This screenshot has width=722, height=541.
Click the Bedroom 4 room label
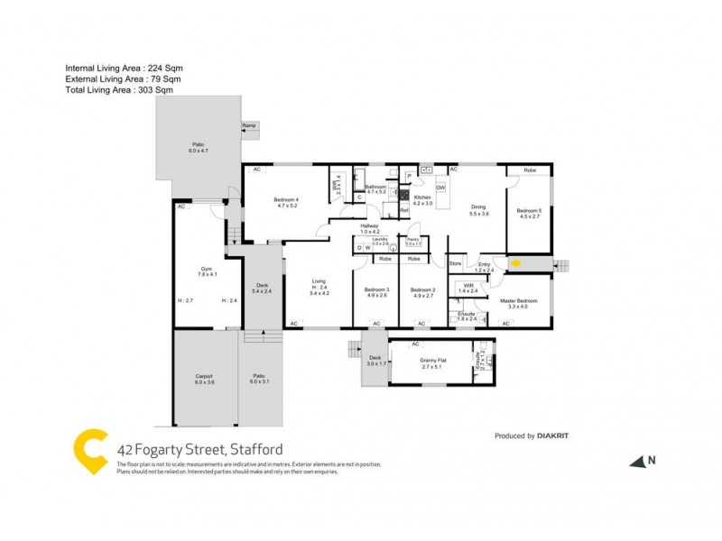(x=286, y=199)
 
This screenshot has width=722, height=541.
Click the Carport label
(x=204, y=377)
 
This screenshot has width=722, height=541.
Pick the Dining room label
(x=478, y=206)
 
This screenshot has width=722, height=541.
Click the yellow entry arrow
(x=516, y=264)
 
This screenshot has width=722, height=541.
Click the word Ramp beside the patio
(x=247, y=126)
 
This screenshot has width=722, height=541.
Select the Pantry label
(x=413, y=239)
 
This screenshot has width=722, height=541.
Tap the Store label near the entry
(x=455, y=263)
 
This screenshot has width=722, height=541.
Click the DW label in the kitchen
(x=440, y=187)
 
